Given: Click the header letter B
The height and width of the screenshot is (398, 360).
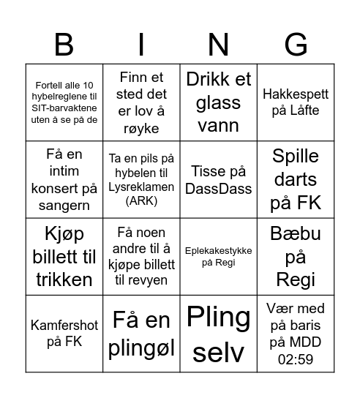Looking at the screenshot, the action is click(64, 45).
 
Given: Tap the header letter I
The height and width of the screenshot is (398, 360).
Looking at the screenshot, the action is click(140, 45).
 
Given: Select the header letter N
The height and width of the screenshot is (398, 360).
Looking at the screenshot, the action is click(218, 45).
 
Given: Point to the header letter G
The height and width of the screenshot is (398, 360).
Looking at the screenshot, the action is click(296, 45).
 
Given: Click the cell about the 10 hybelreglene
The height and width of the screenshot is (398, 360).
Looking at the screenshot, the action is click(64, 102).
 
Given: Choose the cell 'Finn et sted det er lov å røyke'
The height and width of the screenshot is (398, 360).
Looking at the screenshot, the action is click(141, 102).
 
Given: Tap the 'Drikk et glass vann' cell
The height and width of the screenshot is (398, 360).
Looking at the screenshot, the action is click(218, 102).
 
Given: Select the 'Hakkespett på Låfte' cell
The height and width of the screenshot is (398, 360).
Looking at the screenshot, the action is click(296, 102).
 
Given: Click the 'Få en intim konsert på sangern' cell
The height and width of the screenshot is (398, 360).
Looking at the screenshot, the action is click(64, 179).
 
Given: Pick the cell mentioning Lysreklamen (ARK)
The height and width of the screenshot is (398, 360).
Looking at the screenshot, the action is click(141, 179).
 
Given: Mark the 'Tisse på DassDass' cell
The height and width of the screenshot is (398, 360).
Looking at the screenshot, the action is click(218, 179).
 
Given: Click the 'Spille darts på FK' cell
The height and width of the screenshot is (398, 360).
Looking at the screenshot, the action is click(296, 179).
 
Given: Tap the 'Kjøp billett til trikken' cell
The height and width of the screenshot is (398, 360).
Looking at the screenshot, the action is click(64, 257).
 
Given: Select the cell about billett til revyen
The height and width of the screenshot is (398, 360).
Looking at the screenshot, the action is click(141, 257).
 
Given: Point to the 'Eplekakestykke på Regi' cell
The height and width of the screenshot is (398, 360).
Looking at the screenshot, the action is click(218, 257).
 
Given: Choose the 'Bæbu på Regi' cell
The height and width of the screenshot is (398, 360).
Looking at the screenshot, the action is click(296, 257).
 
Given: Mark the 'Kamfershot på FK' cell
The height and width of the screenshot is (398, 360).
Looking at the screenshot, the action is click(64, 334).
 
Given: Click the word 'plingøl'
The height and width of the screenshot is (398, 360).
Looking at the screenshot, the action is click(141, 348).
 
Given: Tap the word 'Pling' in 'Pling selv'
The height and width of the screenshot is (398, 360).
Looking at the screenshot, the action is click(218, 318).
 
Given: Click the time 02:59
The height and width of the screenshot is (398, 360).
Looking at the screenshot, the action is click(296, 359).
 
